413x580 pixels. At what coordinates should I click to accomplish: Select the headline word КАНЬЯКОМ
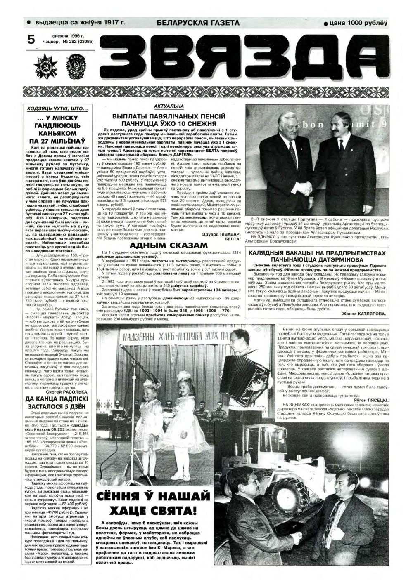point(60,134)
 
